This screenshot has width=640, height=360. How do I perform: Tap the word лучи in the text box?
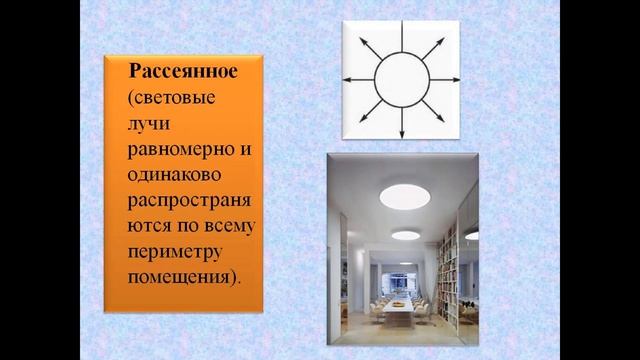click(x=148, y=126)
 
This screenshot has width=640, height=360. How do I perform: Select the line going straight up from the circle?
click(x=401, y=38)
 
